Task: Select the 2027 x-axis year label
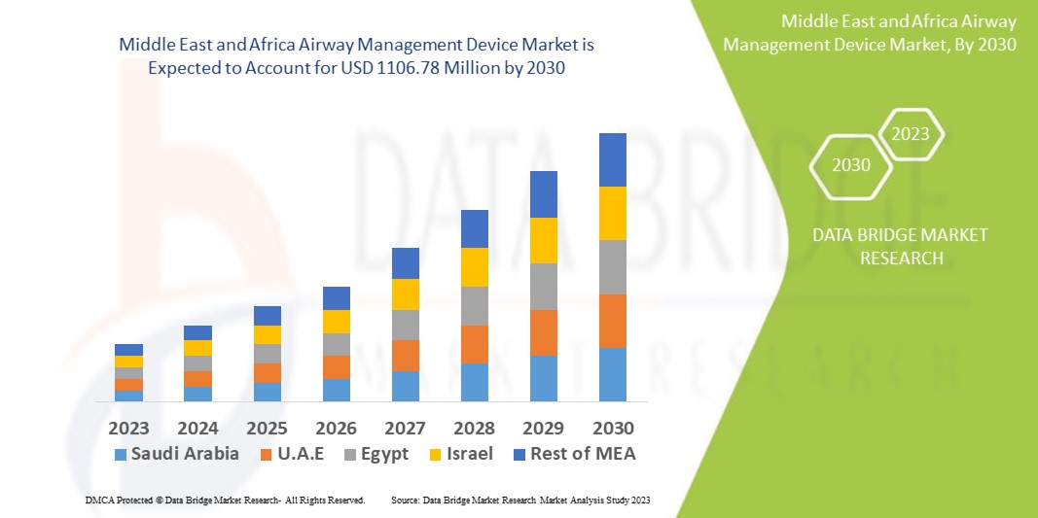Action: point(406,428)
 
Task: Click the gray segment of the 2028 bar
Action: point(475,306)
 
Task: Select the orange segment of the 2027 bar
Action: point(406,356)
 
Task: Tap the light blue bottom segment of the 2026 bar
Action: point(337,390)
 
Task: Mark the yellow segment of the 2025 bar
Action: point(268,334)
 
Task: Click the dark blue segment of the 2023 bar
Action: point(128,350)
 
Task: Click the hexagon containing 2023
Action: point(911,135)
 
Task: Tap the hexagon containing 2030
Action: point(851,165)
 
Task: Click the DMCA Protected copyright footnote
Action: point(225,500)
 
